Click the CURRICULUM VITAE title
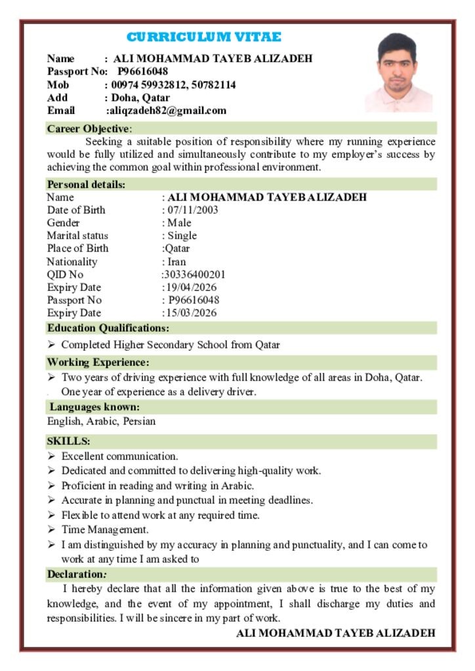(x=203, y=37)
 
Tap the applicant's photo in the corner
(x=398, y=73)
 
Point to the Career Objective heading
(x=89, y=128)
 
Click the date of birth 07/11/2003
(x=193, y=210)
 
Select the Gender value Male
(x=179, y=223)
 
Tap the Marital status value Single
(x=182, y=236)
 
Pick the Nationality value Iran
(x=176, y=261)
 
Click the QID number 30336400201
(x=195, y=275)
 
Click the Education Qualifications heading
(x=108, y=328)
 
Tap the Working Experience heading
(x=98, y=362)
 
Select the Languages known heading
(x=94, y=408)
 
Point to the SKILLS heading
(x=68, y=442)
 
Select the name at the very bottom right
(x=335, y=633)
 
